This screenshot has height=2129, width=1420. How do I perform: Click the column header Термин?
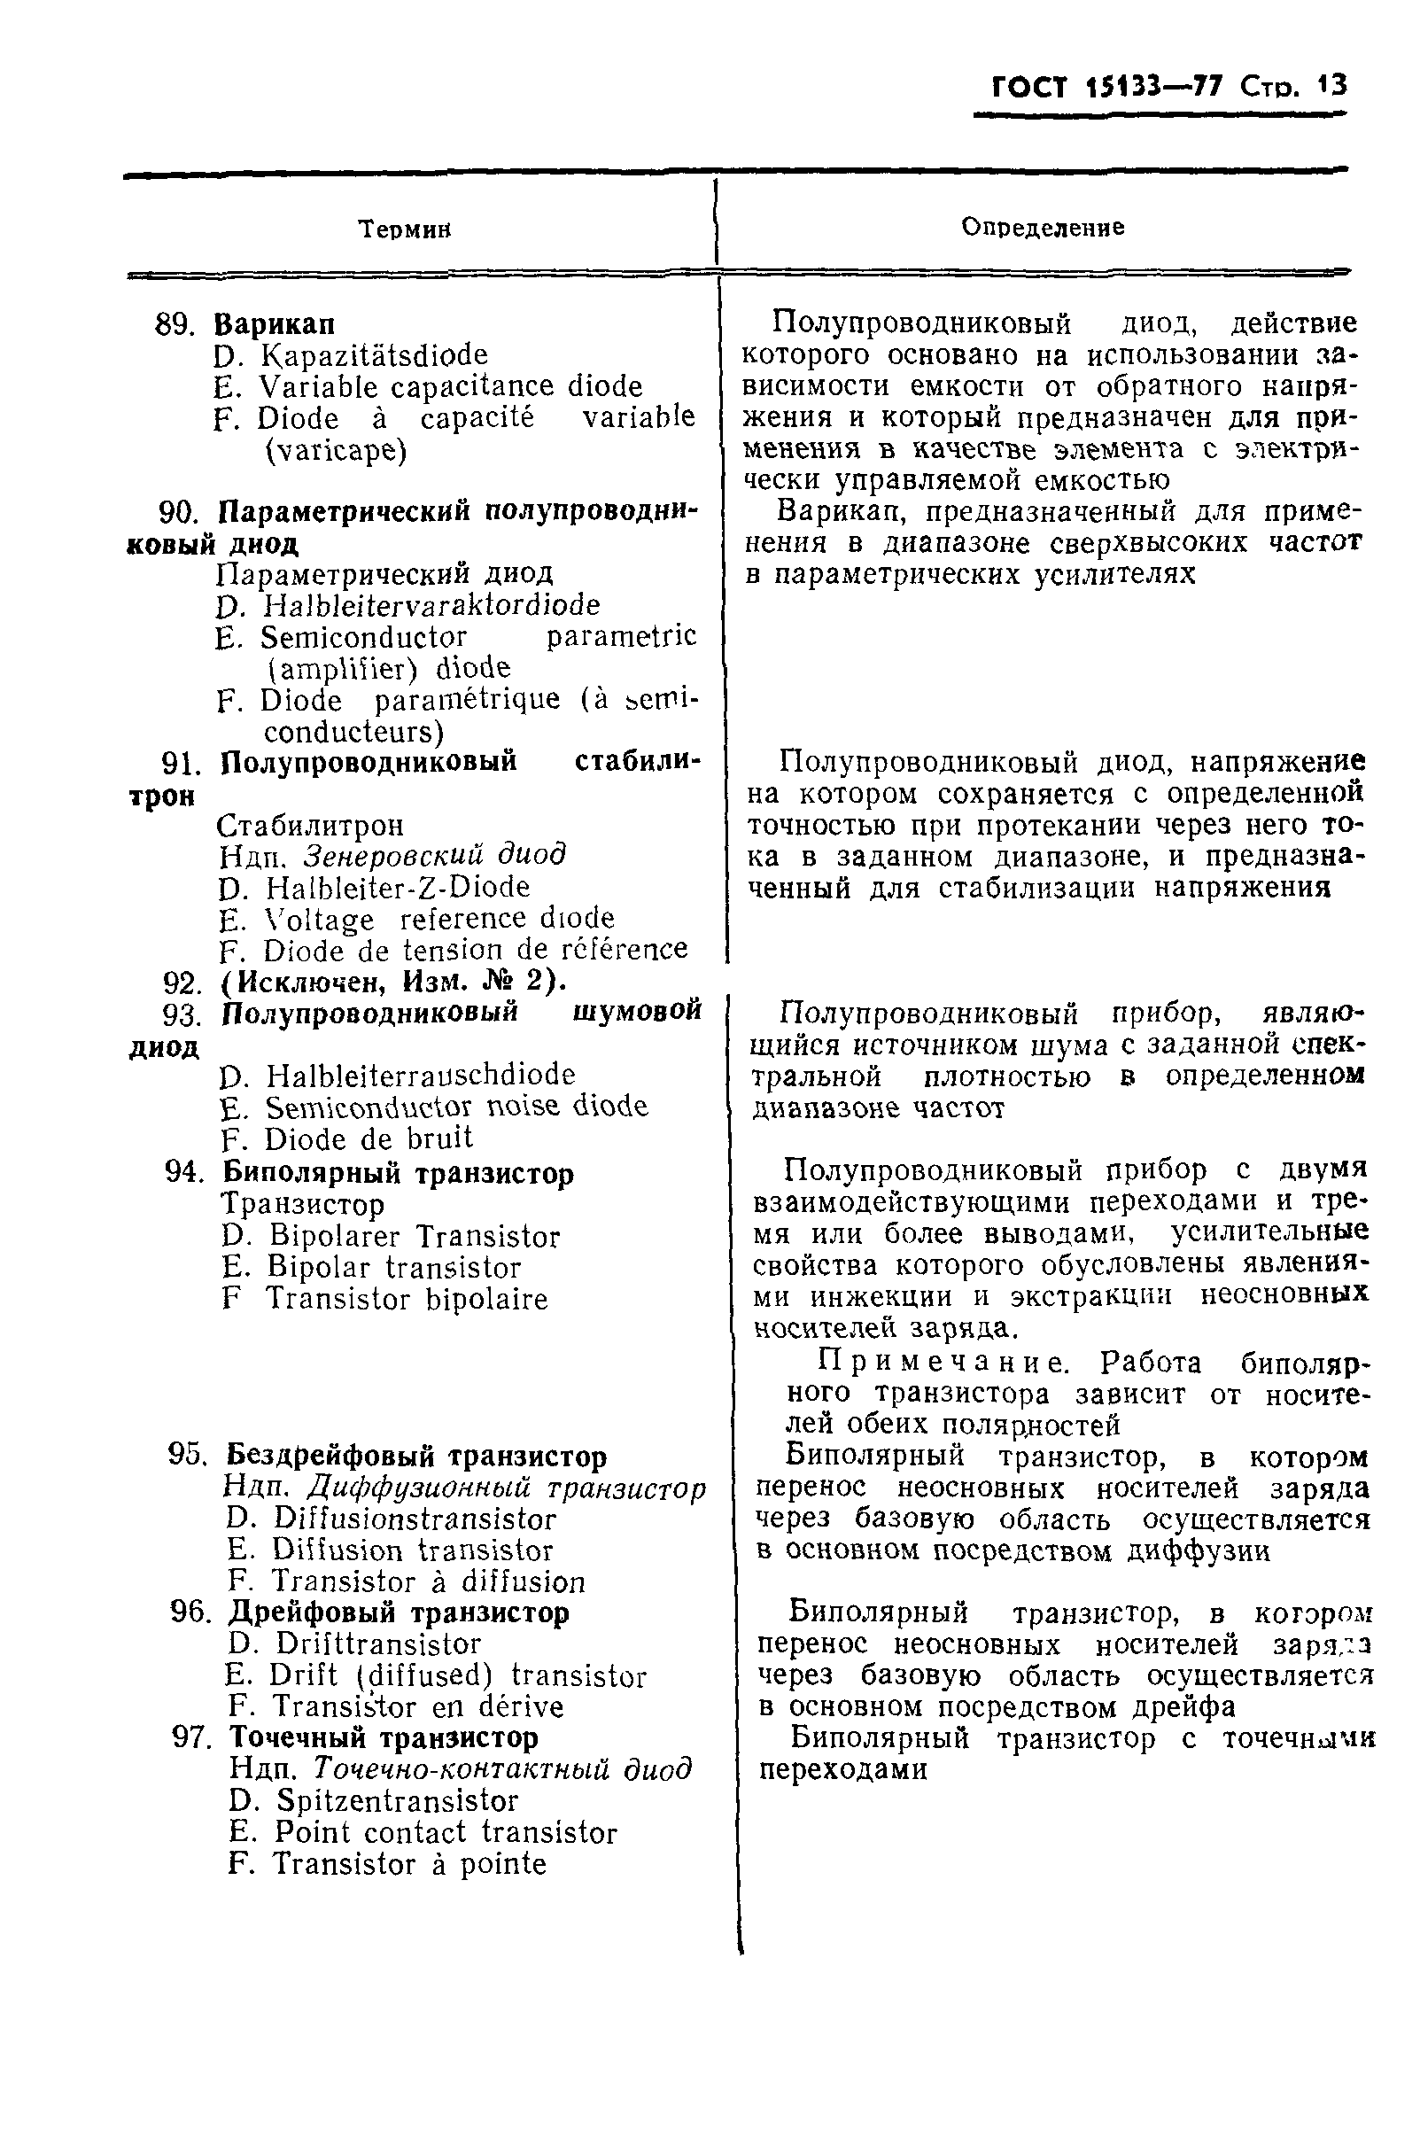[405, 229]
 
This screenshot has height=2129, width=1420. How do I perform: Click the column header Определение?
[1043, 228]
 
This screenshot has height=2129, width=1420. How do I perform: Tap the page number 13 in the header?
[1332, 85]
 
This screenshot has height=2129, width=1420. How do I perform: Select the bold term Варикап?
[275, 323]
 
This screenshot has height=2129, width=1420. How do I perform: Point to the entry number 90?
[177, 513]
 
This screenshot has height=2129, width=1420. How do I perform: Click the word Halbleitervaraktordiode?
[431, 605]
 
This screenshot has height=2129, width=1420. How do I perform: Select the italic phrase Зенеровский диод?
[434, 854]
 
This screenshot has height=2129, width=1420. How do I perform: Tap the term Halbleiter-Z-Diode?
[399, 887]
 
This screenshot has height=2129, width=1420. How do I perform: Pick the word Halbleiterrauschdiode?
[421, 1075]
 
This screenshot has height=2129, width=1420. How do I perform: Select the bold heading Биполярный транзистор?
[398, 1174]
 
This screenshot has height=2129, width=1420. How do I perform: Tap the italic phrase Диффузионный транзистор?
[506, 1488]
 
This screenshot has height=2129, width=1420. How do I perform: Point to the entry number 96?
[192, 1612]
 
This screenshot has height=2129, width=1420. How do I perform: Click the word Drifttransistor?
[378, 1643]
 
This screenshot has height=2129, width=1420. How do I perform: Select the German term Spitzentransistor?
[398, 1799]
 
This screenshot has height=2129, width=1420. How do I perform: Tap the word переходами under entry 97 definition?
[842, 1768]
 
